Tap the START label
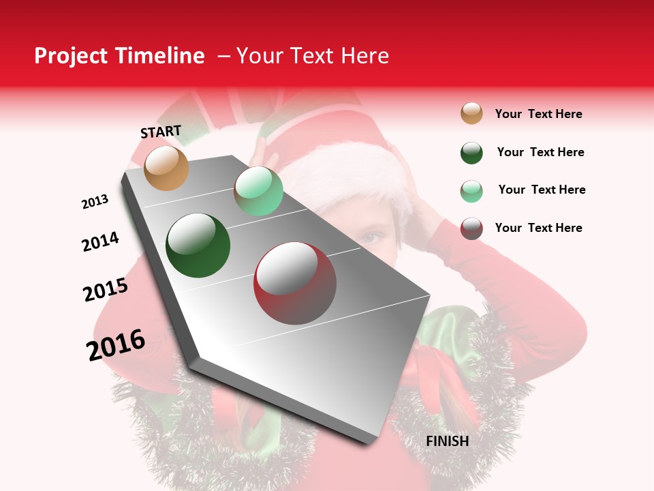click(161, 132)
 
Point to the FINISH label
click(448, 441)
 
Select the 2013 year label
click(95, 202)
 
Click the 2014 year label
click(100, 241)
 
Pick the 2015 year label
click(106, 290)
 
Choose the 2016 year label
click(116, 345)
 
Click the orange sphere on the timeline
click(167, 168)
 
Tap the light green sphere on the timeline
click(258, 191)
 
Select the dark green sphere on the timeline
click(198, 245)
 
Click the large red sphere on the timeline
click(295, 283)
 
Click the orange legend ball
click(471, 113)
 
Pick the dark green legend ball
click(471, 153)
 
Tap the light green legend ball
click(471, 191)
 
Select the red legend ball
click(471, 228)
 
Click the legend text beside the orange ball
click(538, 114)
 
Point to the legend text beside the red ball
click(538, 228)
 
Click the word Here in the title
click(364, 56)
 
